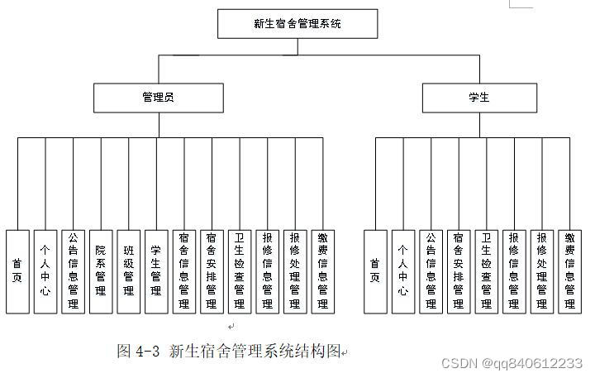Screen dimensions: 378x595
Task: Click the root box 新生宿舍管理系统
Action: [x=297, y=24]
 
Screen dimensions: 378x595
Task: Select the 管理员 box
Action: [x=158, y=98]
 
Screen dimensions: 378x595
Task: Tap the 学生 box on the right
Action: [x=478, y=98]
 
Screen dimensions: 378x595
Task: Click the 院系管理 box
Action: [x=101, y=271]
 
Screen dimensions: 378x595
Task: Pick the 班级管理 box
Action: [x=129, y=271]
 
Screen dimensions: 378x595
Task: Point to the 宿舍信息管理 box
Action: [x=184, y=271]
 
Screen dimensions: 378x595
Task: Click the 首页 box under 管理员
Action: [x=17, y=271]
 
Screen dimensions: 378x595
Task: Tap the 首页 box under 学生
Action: [x=375, y=271]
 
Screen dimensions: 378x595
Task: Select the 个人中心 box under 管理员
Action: [x=45, y=271]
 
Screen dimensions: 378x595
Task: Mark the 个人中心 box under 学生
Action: [x=403, y=271]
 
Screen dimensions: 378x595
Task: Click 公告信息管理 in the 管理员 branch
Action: [x=73, y=271]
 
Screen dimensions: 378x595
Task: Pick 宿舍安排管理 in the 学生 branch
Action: [x=459, y=271]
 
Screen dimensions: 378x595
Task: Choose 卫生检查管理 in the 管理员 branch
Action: [x=240, y=271]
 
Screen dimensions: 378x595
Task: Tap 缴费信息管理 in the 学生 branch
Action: [x=569, y=271]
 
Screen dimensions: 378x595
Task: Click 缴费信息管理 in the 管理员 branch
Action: [x=323, y=271]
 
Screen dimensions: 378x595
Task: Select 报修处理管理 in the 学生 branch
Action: [x=541, y=271]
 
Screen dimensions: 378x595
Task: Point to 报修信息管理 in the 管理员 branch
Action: [x=268, y=271]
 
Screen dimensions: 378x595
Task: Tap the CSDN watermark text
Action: [x=512, y=363]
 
